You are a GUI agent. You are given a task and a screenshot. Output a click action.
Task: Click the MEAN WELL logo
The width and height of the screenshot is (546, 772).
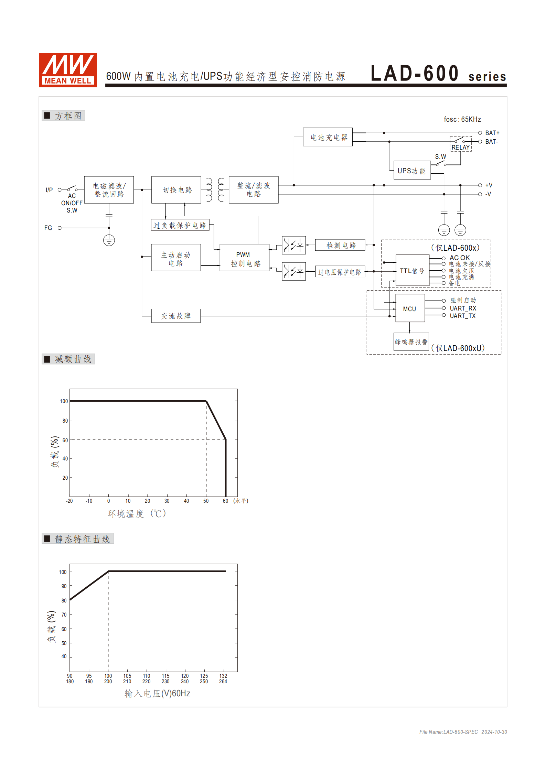click(x=67, y=70)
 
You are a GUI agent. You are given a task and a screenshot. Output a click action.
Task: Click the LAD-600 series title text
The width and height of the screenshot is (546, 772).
click(x=438, y=74)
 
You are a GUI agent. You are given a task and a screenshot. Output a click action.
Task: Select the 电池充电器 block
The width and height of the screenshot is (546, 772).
click(x=328, y=137)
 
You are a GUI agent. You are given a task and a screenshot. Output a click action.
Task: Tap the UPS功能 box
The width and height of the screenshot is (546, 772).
click(x=412, y=171)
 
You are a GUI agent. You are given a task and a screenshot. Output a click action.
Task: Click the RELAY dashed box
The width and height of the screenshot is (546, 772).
click(x=460, y=144)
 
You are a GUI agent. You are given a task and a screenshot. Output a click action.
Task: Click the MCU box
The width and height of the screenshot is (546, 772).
click(x=410, y=308)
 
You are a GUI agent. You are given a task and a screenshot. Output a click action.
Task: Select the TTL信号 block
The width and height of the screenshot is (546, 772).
click(x=412, y=271)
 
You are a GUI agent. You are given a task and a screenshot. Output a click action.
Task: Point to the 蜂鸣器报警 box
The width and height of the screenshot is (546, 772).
click(x=411, y=341)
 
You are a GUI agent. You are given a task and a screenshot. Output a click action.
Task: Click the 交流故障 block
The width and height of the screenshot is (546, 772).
click(x=176, y=316)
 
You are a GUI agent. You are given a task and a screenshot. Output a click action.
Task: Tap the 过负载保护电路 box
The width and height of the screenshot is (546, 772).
click(x=180, y=225)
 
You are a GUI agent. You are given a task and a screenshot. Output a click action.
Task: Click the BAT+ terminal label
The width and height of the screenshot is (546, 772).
click(x=492, y=133)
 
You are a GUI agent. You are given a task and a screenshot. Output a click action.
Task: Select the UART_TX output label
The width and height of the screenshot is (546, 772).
click(x=462, y=316)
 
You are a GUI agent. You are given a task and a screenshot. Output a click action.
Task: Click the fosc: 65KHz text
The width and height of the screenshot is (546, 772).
click(x=462, y=119)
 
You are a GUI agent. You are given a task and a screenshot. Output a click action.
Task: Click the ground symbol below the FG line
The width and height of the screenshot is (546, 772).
click(x=109, y=240)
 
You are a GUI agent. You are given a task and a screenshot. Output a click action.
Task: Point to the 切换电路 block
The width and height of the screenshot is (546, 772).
click(x=176, y=190)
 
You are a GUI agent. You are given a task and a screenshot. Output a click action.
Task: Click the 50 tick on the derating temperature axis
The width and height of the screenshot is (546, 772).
click(x=206, y=501)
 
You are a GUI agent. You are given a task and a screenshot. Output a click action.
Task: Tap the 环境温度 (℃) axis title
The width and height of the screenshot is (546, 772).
click(x=137, y=513)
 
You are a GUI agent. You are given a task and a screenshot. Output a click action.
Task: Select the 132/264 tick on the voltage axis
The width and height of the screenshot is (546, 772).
click(x=223, y=678)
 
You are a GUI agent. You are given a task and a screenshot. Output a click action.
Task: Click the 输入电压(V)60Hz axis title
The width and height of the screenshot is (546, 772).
click(x=157, y=693)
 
